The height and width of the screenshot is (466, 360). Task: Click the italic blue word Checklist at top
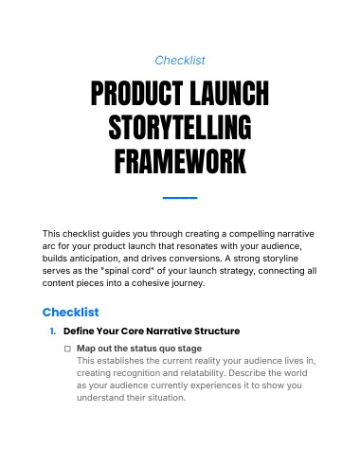click(180, 61)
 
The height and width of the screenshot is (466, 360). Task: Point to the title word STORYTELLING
click(180, 127)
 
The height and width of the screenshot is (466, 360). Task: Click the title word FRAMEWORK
click(180, 161)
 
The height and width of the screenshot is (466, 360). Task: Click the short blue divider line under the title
click(180, 198)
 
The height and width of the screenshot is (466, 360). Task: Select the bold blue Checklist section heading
click(71, 312)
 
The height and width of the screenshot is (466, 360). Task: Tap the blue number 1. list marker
click(53, 332)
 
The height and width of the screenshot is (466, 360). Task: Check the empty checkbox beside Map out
click(67, 349)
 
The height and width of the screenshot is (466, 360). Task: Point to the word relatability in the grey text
click(203, 373)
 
